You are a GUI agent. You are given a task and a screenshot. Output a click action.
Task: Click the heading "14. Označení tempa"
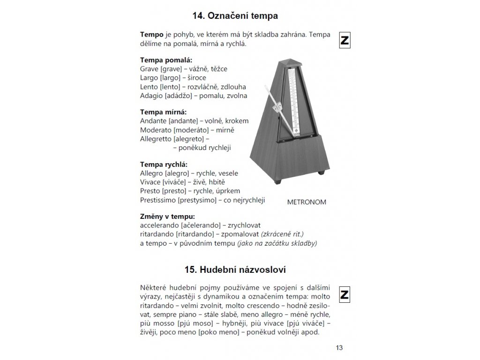click(x=235, y=16)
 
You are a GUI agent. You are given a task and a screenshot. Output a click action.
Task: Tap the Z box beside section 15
click(x=345, y=295)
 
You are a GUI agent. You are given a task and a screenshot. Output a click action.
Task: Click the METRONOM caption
click(x=306, y=202)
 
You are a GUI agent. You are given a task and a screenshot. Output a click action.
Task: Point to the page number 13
click(x=339, y=347)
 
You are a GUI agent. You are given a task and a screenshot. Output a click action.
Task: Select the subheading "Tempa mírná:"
click(x=163, y=112)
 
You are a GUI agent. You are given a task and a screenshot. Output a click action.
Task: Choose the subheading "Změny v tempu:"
click(x=167, y=217)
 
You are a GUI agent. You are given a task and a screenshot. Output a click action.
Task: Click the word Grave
click(x=149, y=69)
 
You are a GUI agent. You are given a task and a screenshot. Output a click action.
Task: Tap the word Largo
click(x=149, y=78)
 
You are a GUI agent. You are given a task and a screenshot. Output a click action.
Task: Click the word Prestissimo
click(x=158, y=200)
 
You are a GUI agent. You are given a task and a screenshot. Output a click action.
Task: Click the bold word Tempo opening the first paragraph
click(x=151, y=35)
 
